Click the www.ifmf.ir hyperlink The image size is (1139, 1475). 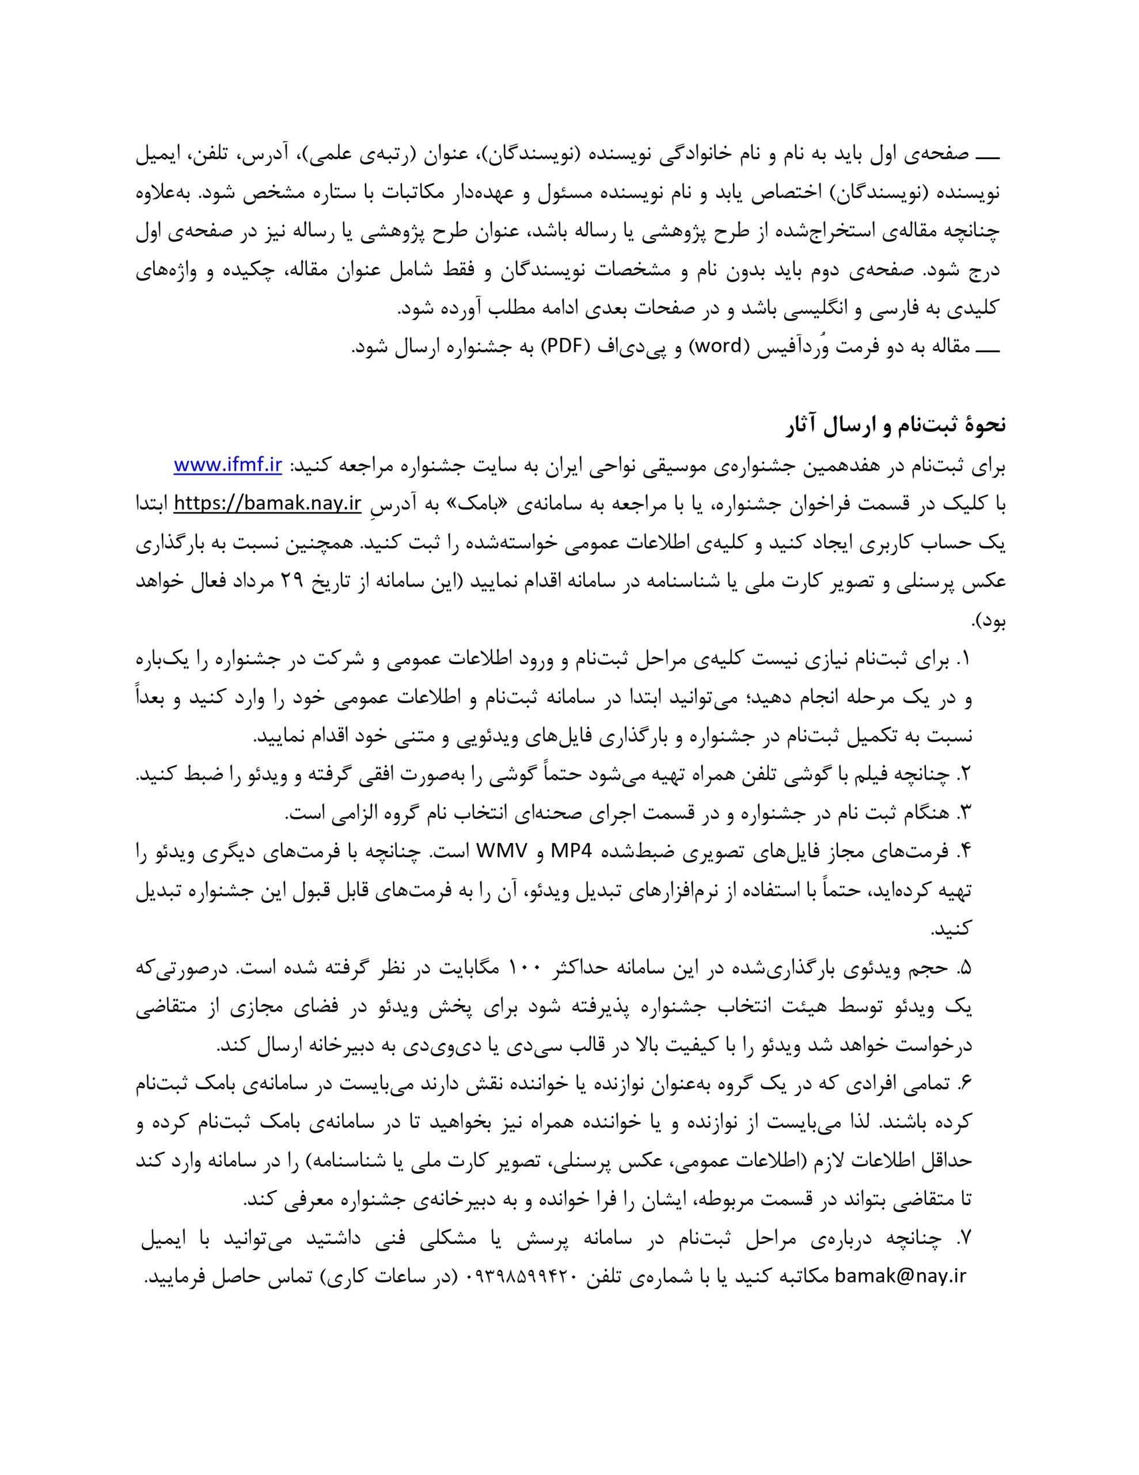(227, 466)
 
